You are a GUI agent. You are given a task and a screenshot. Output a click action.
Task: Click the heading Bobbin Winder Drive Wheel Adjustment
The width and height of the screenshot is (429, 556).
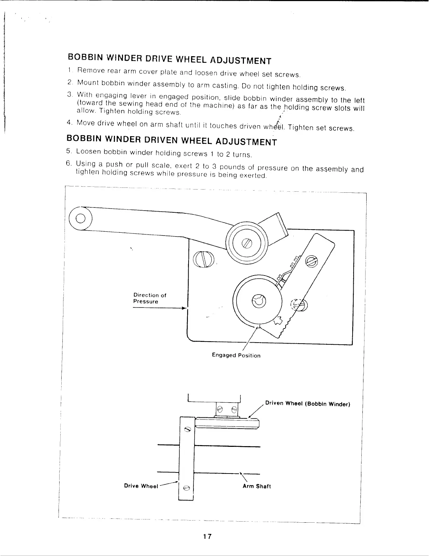(169, 59)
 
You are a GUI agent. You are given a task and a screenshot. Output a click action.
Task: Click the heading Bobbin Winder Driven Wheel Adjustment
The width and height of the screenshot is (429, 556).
(171, 139)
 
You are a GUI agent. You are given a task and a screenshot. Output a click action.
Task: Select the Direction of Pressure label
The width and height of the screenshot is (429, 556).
(150, 298)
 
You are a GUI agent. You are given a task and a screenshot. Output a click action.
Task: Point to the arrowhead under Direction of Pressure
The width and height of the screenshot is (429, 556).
(183, 309)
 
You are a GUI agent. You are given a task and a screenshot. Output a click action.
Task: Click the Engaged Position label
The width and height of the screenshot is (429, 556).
(236, 356)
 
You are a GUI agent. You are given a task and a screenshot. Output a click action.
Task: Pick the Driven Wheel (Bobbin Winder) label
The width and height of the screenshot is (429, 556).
(308, 403)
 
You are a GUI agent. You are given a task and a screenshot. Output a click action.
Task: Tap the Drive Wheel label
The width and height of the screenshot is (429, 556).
(141, 486)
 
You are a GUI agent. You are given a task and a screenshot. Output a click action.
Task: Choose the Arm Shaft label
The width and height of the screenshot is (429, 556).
(257, 486)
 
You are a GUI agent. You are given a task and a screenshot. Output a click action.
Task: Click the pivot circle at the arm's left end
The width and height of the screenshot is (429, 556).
(80, 218)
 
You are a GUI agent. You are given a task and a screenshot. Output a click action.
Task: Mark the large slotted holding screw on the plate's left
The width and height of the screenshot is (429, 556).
(203, 259)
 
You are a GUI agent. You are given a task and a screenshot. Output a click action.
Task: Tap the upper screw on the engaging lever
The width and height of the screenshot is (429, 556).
(311, 261)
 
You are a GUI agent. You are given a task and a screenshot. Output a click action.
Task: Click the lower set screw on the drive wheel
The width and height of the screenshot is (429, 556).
(186, 488)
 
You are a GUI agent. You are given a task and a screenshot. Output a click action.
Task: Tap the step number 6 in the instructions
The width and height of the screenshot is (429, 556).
(69, 163)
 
